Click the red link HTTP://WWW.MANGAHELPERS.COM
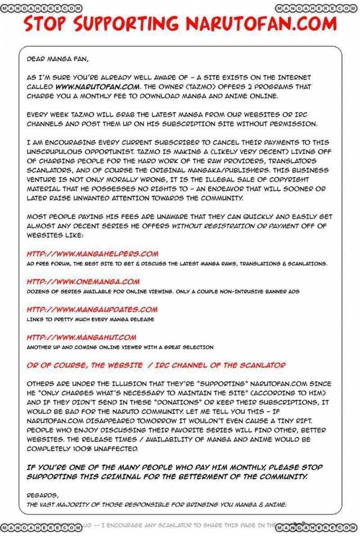click(x=92, y=254)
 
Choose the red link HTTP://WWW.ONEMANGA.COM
click(x=83, y=282)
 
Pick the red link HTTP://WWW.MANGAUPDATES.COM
click(x=92, y=309)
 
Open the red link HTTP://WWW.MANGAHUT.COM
click(x=81, y=337)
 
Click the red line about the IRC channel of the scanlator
click(x=156, y=365)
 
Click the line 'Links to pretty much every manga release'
click(x=90, y=319)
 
